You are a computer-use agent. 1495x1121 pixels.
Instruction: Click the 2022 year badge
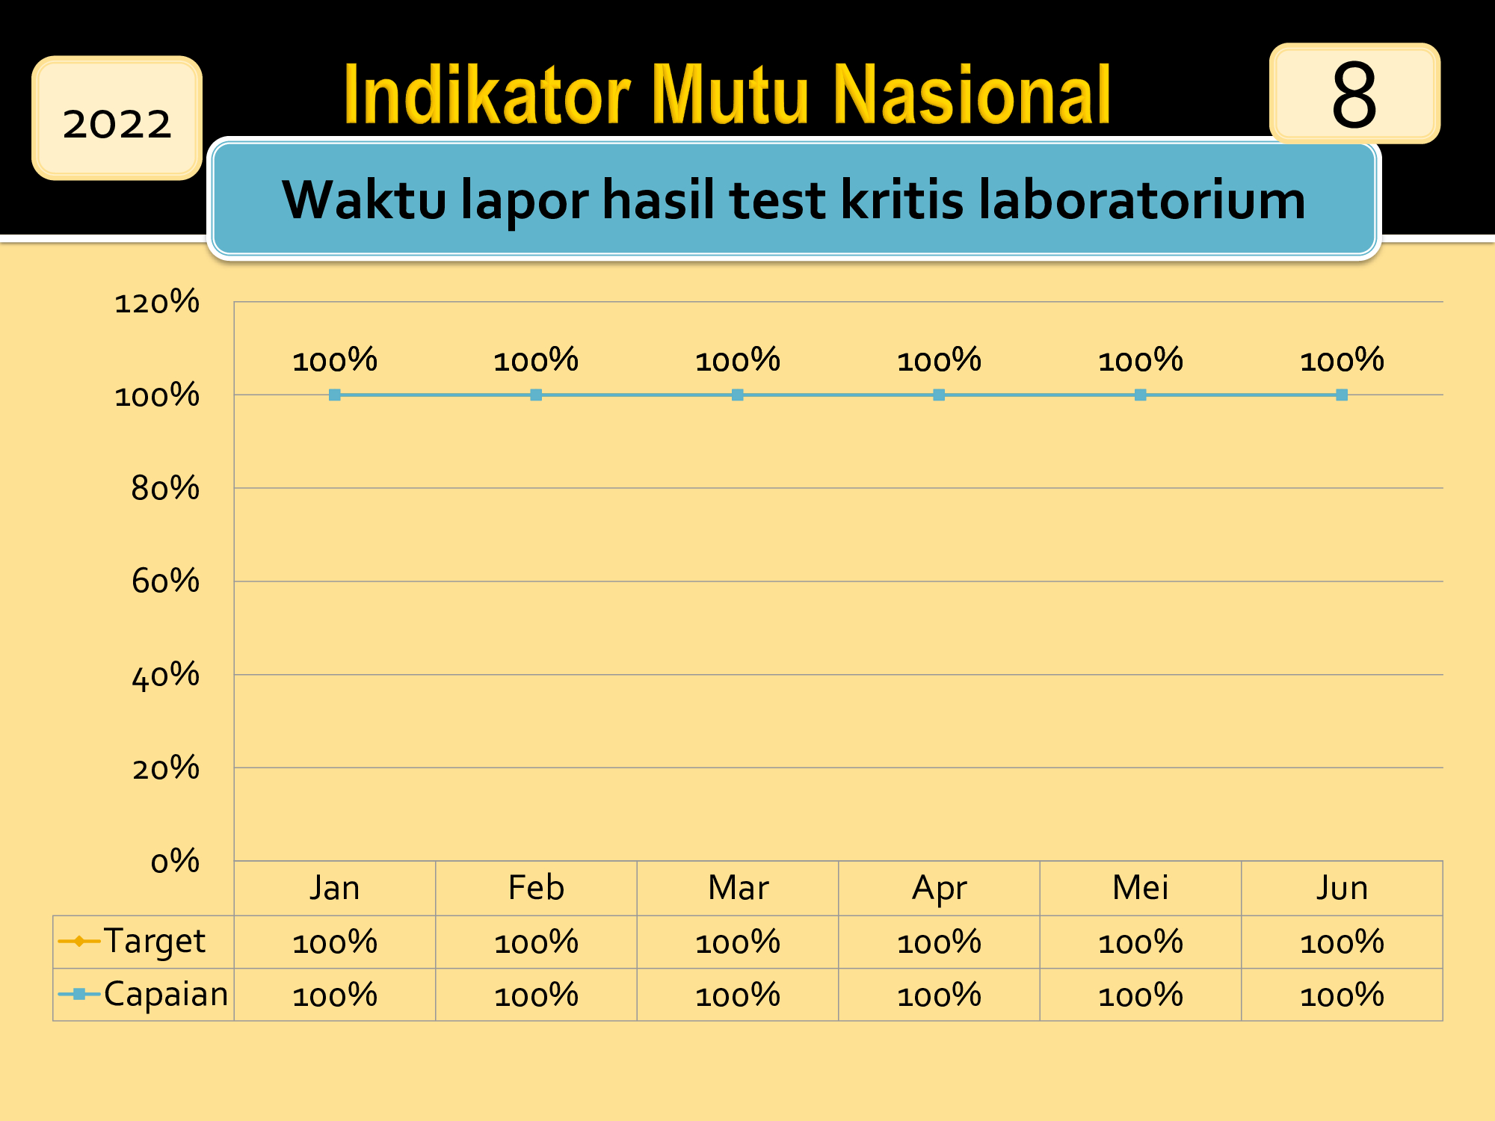pyautogui.click(x=117, y=118)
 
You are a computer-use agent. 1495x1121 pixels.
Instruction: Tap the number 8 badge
pyautogui.click(x=1354, y=93)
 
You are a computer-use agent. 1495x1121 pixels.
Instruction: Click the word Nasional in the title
pyautogui.click(x=972, y=95)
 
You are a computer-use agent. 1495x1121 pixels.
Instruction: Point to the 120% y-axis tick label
pyautogui.click(x=157, y=302)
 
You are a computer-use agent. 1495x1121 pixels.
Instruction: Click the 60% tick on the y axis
pyautogui.click(x=165, y=581)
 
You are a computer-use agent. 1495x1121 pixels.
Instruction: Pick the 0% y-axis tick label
pyautogui.click(x=175, y=861)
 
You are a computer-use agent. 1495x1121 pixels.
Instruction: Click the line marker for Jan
pyautogui.click(x=335, y=395)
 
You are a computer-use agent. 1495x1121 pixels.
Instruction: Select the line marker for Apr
pyautogui.click(x=939, y=395)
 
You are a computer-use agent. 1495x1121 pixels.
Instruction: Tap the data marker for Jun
pyautogui.click(x=1342, y=395)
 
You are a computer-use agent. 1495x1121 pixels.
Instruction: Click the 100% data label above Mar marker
pyautogui.click(x=738, y=360)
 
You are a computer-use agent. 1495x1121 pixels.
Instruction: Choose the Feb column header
pyautogui.click(x=536, y=888)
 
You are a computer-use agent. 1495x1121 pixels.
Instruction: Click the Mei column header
pyautogui.click(x=1141, y=888)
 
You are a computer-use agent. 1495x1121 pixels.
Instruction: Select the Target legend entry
pyautogui.click(x=132, y=941)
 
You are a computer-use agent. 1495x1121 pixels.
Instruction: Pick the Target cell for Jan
pyautogui.click(x=335, y=942)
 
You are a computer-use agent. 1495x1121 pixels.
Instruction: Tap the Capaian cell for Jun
pyautogui.click(x=1342, y=995)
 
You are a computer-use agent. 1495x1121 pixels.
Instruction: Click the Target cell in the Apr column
pyautogui.click(x=939, y=942)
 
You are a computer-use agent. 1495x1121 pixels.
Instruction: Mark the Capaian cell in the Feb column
pyautogui.click(x=536, y=995)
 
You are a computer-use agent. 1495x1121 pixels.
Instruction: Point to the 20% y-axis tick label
pyautogui.click(x=165, y=768)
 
